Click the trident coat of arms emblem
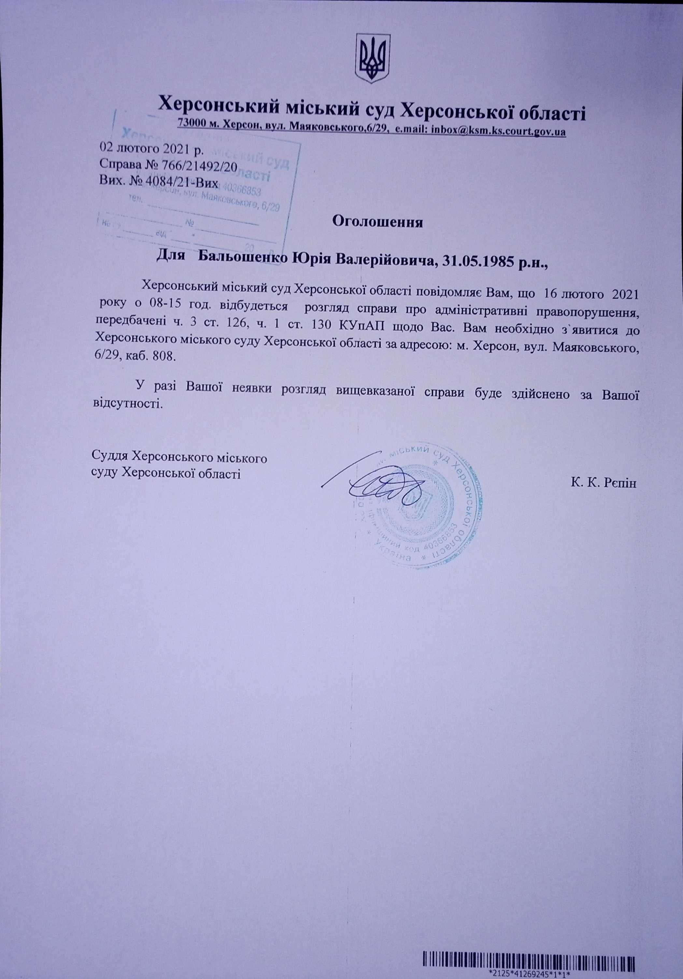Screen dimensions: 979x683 point(373,59)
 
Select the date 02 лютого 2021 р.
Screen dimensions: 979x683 point(152,149)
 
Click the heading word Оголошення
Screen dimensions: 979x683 point(377,222)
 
